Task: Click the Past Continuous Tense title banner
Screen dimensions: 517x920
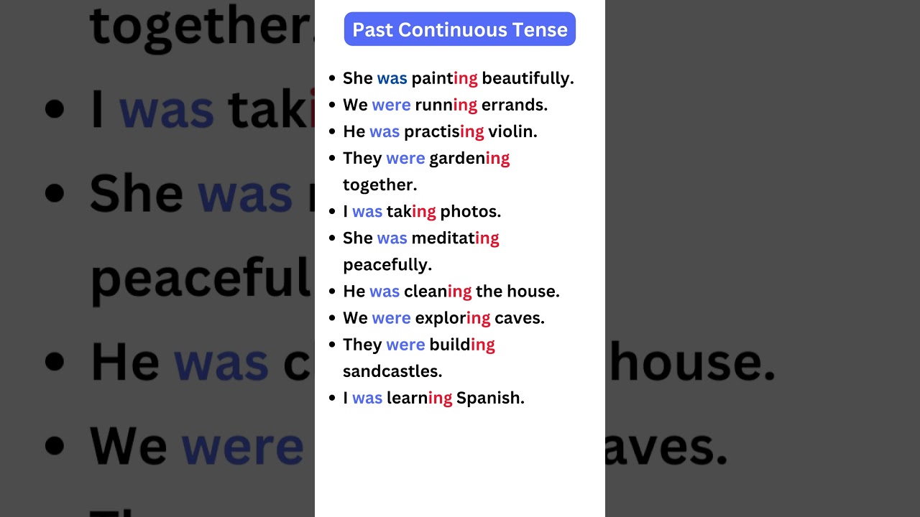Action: pyautogui.click(x=460, y=29)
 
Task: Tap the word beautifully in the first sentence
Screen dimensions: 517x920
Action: pyautogui.click(x=528, y=78)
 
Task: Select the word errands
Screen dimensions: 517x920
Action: pyautogui.click(x=514, y=105)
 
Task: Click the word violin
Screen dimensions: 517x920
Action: pyautogui.click(x=512, y=131)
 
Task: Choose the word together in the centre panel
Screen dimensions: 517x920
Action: pyautogui.click(x=379, y=185)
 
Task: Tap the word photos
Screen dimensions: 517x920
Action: pyautogui.click(x=470, y=211)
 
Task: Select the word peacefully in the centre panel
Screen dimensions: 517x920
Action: pyautogui.click(x=387, y=264)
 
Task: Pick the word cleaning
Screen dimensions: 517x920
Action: pyautogui.click(x=438, y=291)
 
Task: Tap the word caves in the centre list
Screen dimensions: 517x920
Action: pyautogui.click(x=519, y=317)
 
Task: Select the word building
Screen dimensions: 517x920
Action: pyautogui.click(x=462, y=345)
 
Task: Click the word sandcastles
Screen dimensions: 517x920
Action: pyautogui.click(x=392, y=371)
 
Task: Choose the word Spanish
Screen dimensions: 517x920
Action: pyautogui.click(x=490, y=398)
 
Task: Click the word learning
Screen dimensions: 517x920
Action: pyautogui.click(x=419, y=398)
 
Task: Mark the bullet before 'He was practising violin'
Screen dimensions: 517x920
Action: pyautogui.click(x=331, y=131)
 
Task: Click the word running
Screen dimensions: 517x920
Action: pyautogui.click(x=446, y=105)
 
